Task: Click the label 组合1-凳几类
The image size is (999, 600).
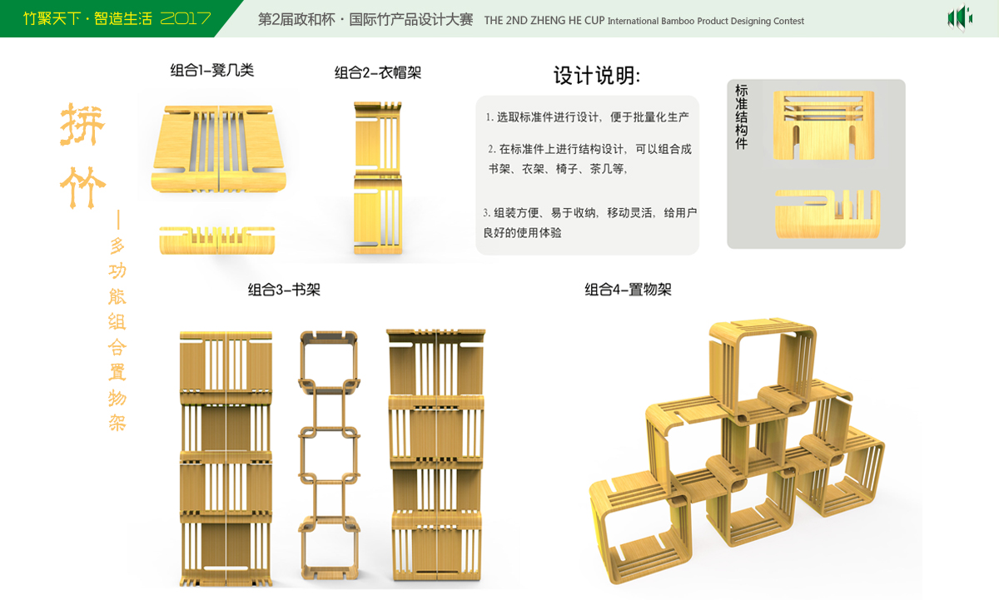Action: point(211,71)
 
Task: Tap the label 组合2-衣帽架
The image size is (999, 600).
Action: point(377,73)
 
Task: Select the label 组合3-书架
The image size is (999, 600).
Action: point(284,290)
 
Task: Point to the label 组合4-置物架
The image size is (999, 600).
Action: point(628,290)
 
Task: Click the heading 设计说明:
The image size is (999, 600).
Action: point(597,76)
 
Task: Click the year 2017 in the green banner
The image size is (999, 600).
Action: point(185,18)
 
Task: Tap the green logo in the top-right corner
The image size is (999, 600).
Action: point(960,17)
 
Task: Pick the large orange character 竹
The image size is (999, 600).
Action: point(82,187)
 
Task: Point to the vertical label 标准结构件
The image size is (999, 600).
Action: point(741,116)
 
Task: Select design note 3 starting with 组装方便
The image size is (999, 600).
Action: point(589,222)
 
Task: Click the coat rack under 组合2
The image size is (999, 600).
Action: point(379,178)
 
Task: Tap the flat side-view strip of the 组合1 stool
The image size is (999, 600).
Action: point(219,239)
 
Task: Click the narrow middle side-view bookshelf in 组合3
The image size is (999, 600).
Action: point(329,456)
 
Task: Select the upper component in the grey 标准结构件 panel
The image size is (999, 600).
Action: point(823,125)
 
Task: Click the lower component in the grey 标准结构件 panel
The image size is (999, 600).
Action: point(828,213)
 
